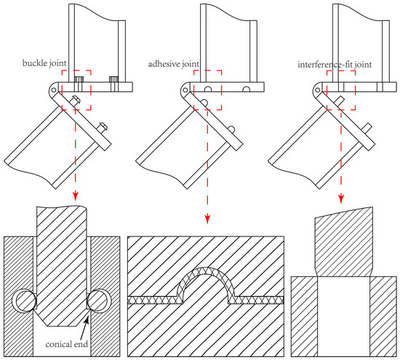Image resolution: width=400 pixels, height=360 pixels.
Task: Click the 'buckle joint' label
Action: click(44, 63)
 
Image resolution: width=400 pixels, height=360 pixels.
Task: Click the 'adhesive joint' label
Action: click(174, 64)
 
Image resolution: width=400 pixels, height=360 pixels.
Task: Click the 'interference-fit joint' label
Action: click(335, 65)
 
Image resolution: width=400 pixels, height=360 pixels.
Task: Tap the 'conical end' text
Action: click(67, 344)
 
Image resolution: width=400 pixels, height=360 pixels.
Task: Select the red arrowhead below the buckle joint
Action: click(75, 196)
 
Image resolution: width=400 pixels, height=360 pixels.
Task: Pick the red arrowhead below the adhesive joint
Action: click(207, 220)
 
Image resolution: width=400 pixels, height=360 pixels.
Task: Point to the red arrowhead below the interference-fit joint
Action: click(341, 199)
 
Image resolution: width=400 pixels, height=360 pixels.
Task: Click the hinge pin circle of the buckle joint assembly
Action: click(54, 89)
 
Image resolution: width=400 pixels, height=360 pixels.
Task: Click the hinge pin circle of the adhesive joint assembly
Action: click(185, 90)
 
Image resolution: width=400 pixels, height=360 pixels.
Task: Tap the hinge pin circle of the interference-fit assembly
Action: click(318, 90)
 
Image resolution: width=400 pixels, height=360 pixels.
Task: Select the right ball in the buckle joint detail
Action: click(97, 301)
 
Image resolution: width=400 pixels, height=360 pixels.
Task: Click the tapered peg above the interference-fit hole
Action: click(343, 242)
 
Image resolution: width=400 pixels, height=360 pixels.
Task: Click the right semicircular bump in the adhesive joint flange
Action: click(247, 89)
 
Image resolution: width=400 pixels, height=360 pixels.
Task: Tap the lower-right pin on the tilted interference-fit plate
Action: click(367, 127)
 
